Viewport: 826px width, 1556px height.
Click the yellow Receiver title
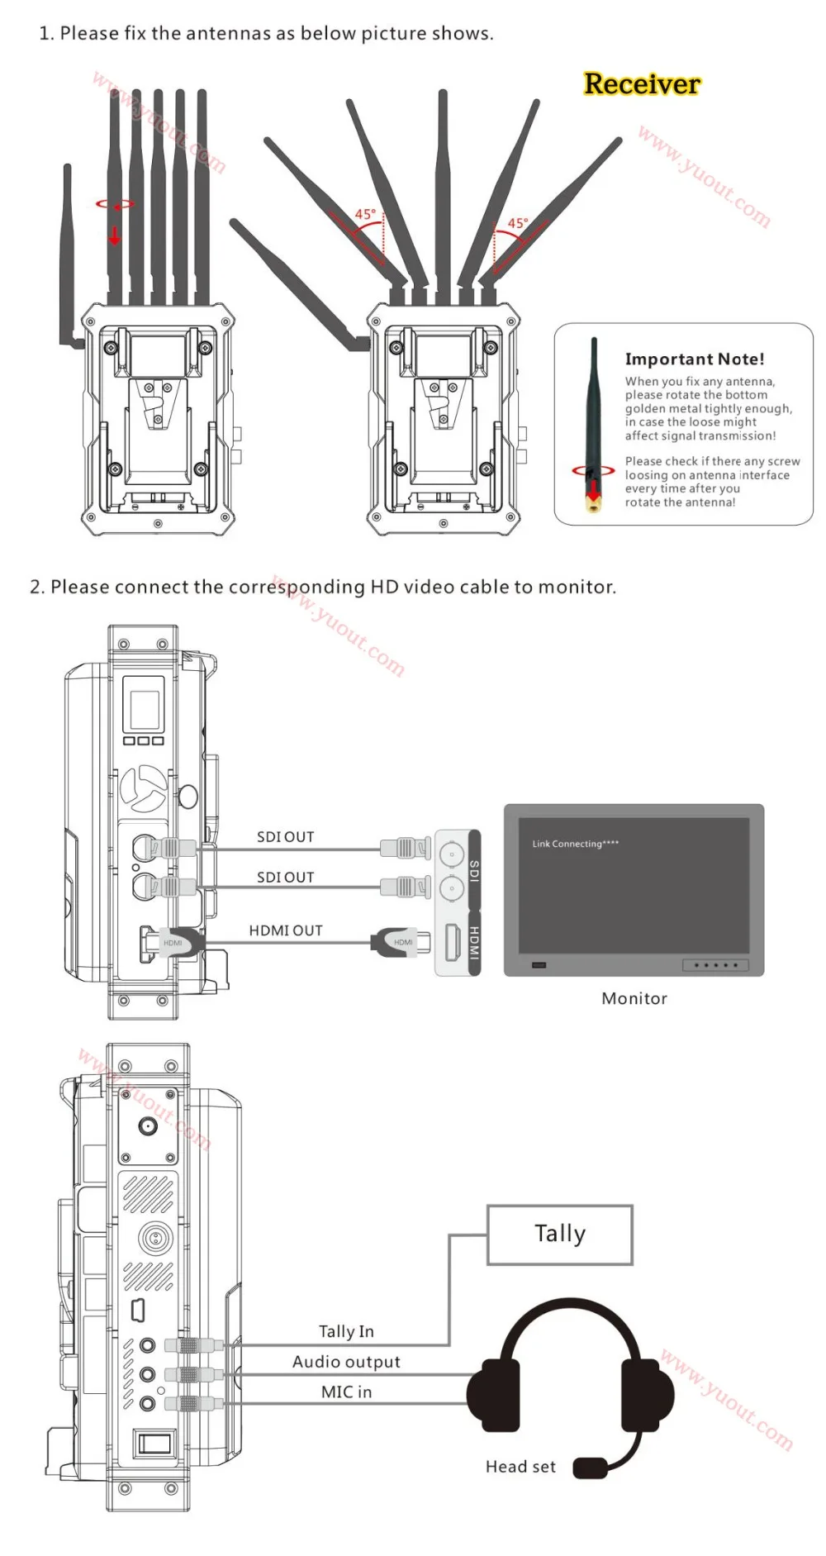point(642,84)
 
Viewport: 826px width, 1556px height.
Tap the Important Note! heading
point(695,359)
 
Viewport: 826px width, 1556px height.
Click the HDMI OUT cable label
point(286,930)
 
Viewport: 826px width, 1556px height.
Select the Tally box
point(560,1235)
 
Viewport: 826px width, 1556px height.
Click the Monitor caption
point(634,998)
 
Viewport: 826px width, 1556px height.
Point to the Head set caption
point(520,1467)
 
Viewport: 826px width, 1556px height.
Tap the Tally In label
point(346,1331)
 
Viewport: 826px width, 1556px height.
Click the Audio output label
point(346,1362)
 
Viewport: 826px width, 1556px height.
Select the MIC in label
point(346,1392)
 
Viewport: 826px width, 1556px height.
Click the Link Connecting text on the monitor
point(575,844)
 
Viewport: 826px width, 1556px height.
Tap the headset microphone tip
point(590,1468)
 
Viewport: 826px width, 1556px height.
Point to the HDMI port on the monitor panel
point(453,942)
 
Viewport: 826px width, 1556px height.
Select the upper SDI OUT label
point(286,837)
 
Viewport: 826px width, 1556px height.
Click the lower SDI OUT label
point(286,878)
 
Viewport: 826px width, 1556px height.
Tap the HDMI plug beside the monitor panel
point(401,942)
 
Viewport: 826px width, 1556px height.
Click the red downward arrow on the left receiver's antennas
point(115,235)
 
